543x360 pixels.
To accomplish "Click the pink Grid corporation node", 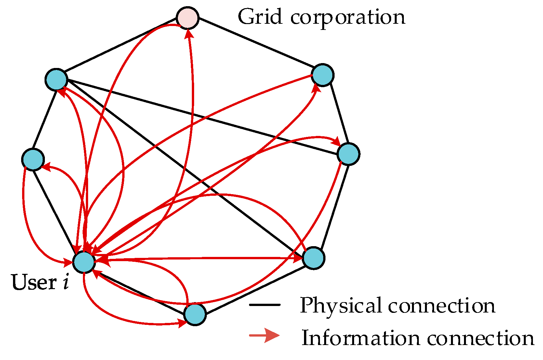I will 188,18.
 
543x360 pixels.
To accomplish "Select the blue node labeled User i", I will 84,262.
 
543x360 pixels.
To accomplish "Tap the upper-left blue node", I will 56,79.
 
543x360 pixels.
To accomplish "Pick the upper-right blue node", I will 323,75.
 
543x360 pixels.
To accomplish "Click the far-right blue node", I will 348,154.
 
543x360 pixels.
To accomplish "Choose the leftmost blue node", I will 33,159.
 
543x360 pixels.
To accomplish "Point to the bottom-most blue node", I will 195,314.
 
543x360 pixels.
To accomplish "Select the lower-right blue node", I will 313,258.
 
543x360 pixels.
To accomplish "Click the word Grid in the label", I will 260,17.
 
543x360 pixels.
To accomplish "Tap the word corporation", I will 348,18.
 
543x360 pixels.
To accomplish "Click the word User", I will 34,282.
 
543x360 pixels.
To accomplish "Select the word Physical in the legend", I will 340,306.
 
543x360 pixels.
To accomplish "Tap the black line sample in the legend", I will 264,305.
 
